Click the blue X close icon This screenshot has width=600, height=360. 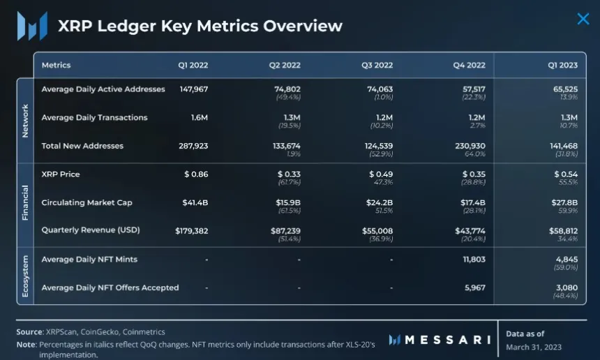coord(583,19)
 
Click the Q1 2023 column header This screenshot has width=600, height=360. coord(562,65)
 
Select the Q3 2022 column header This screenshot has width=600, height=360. coord(377,65)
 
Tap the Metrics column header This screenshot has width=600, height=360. coord(56,65)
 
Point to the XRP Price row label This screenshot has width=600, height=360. coord(61,174)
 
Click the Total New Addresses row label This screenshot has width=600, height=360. coord(82,146)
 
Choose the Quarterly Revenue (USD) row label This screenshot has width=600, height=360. coord(89,230)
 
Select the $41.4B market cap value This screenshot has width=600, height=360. coord(195,202)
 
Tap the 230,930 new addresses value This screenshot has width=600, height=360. coord(469,146)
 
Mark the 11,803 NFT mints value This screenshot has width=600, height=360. coord(472,260)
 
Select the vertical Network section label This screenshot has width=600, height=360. coord(25,120)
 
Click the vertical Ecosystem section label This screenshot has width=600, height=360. coord(25,275)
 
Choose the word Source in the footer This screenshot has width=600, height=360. coord(29,331)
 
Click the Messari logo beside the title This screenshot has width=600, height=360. coord(32,26)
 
